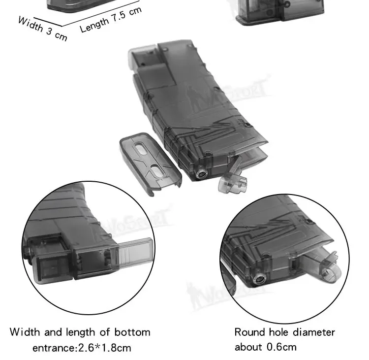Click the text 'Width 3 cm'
click(x=43, y=29)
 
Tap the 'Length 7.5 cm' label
click(x=111, y=19)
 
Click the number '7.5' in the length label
click(x=119, y=16)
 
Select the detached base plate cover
click(x=151, y=163)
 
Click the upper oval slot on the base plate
click(x=141, y=149)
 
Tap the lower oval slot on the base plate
click(x=157, y=171)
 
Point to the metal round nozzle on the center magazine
click(x=202, y=174)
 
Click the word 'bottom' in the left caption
click(x=132, y=332)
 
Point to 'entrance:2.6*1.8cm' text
click(x=82, y=348)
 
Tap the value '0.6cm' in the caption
click(x=281, y=347)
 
